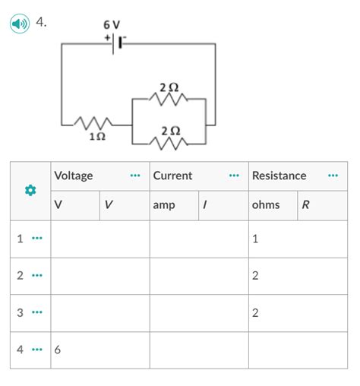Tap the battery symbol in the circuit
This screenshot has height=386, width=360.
tap(114, 43)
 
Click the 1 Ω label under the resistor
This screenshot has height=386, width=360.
tap(96, 138)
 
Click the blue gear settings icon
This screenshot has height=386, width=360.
tap(31, 191)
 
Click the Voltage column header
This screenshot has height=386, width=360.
tap(74, 176)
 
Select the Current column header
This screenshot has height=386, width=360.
tap(172, 176)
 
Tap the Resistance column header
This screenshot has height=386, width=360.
tap(279, 176)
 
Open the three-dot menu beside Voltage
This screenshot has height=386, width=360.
tap(135, 176)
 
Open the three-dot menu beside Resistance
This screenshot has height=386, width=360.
tap(333, 176)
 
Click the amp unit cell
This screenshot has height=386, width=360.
tap(163, 205)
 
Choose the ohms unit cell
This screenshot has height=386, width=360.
tap(266, 205)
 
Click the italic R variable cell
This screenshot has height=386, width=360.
tap(305, 205)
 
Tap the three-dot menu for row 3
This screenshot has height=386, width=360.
tap(37, 313)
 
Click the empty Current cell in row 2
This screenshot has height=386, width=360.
tap(198, 276)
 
